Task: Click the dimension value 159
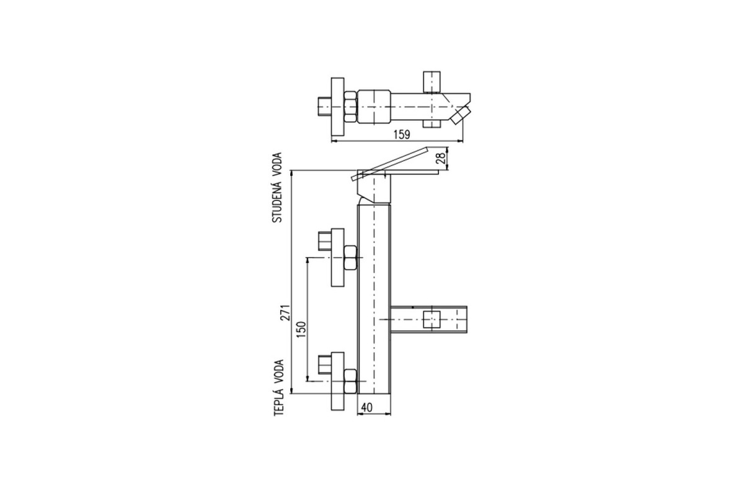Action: tap(402, 135)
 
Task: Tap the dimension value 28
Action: tap(441, 159)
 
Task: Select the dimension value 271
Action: tap(286, 312)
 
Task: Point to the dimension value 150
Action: tap(301, 329)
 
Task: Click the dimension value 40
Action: tap(366, 407)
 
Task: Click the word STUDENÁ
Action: tap(277, 201)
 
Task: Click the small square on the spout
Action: tap(432, 319)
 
